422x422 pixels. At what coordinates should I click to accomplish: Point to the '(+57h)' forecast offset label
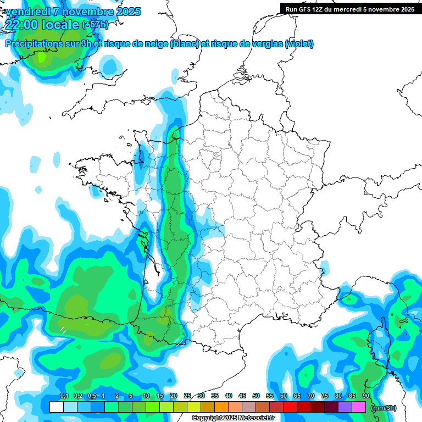95,25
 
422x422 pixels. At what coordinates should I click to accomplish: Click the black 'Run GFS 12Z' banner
350,9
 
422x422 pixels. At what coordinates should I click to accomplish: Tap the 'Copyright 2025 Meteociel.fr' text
233,418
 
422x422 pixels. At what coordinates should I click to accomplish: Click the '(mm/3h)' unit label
384,408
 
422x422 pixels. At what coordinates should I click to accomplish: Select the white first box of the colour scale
56,407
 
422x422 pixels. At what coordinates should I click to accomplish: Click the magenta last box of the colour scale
359,407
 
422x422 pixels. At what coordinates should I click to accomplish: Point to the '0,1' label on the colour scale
64,396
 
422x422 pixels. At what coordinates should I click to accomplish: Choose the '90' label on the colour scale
366,396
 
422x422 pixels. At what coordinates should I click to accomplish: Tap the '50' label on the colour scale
256,396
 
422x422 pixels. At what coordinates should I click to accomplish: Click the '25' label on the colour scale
187,396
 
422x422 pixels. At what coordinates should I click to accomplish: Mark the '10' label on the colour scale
146,396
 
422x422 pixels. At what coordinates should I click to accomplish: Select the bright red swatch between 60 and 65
290,407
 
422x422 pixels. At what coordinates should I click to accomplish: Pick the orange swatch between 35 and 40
221,407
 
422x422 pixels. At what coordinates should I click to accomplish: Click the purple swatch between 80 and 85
345,407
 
